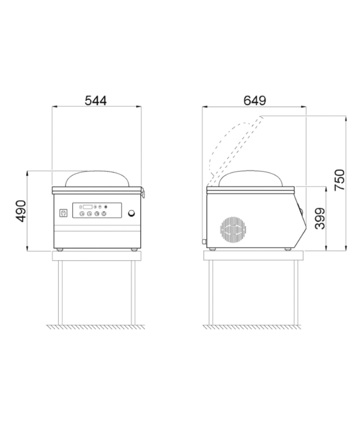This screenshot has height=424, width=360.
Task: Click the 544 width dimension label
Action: coord(96,101)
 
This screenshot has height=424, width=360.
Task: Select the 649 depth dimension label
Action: coord(254,101)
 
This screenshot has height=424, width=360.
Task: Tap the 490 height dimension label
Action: coord(21,211)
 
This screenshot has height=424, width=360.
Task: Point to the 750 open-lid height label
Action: coord(340,180)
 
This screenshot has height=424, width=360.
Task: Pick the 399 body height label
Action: coord(320,218)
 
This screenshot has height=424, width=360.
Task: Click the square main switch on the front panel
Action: coord(63,213)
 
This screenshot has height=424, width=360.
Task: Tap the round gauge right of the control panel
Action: coord(132,213)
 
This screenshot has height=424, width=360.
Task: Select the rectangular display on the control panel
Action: coord(88,207)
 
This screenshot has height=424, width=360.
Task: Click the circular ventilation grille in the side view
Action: coord(233,230)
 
